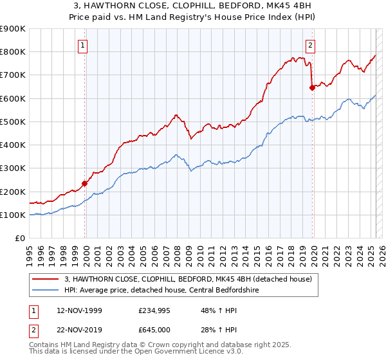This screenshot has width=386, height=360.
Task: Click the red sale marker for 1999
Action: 84,183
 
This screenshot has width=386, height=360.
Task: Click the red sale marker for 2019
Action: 312,88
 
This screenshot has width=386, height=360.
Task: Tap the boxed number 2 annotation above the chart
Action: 311,45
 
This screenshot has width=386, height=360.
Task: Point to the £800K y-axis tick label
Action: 13,52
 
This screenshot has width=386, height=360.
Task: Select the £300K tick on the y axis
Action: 13,168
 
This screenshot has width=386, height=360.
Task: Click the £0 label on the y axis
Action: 20,239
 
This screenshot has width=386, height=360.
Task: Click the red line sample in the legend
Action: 45,279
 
